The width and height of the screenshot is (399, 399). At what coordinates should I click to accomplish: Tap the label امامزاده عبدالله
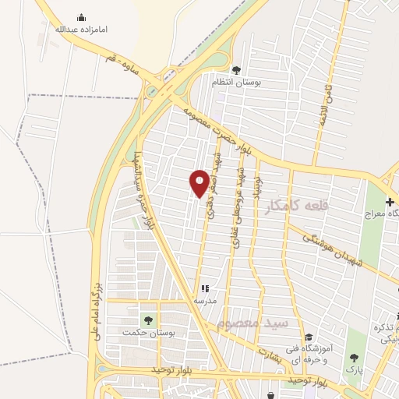point(81,29)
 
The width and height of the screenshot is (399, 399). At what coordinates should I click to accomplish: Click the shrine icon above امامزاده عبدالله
point(81,17)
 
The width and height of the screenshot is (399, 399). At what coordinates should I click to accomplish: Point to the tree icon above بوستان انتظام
point(236,70)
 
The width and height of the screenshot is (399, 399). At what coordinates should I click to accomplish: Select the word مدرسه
point(205,300)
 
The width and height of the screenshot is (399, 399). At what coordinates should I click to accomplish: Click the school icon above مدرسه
point(205,288)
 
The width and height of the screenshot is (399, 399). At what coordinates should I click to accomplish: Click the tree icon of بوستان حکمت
point(147,320)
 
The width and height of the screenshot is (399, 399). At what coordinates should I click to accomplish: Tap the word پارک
point(355,369)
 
